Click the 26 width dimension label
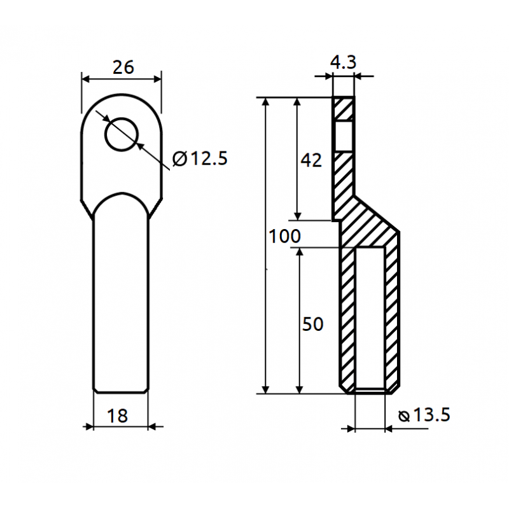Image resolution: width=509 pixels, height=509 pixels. tap(123, 67)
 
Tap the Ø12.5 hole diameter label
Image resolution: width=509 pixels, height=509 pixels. tap(200, 158)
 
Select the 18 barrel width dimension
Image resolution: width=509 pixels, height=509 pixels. tap(117, 416)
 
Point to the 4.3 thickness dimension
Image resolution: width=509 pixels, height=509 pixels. tap(343, 62)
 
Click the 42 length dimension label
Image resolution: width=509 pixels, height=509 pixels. tap(311, 160)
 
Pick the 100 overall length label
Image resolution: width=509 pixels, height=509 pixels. tap(284, 236)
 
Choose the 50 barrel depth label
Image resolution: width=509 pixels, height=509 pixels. tap(312, 324)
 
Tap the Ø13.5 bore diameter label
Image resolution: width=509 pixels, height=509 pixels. tap(424, 415)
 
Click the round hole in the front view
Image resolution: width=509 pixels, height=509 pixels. tap(122, 134)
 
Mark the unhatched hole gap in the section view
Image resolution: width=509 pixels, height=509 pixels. tap(344, 136)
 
